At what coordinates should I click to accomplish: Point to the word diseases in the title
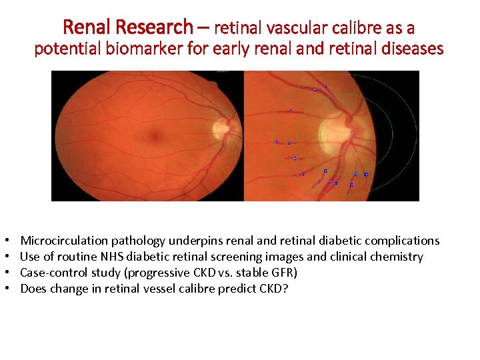click(409, 49)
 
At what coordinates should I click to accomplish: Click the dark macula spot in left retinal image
click(154, 137)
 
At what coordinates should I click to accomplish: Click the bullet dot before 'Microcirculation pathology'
click(5, 241)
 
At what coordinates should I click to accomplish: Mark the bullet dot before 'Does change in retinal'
click(5, 289)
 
